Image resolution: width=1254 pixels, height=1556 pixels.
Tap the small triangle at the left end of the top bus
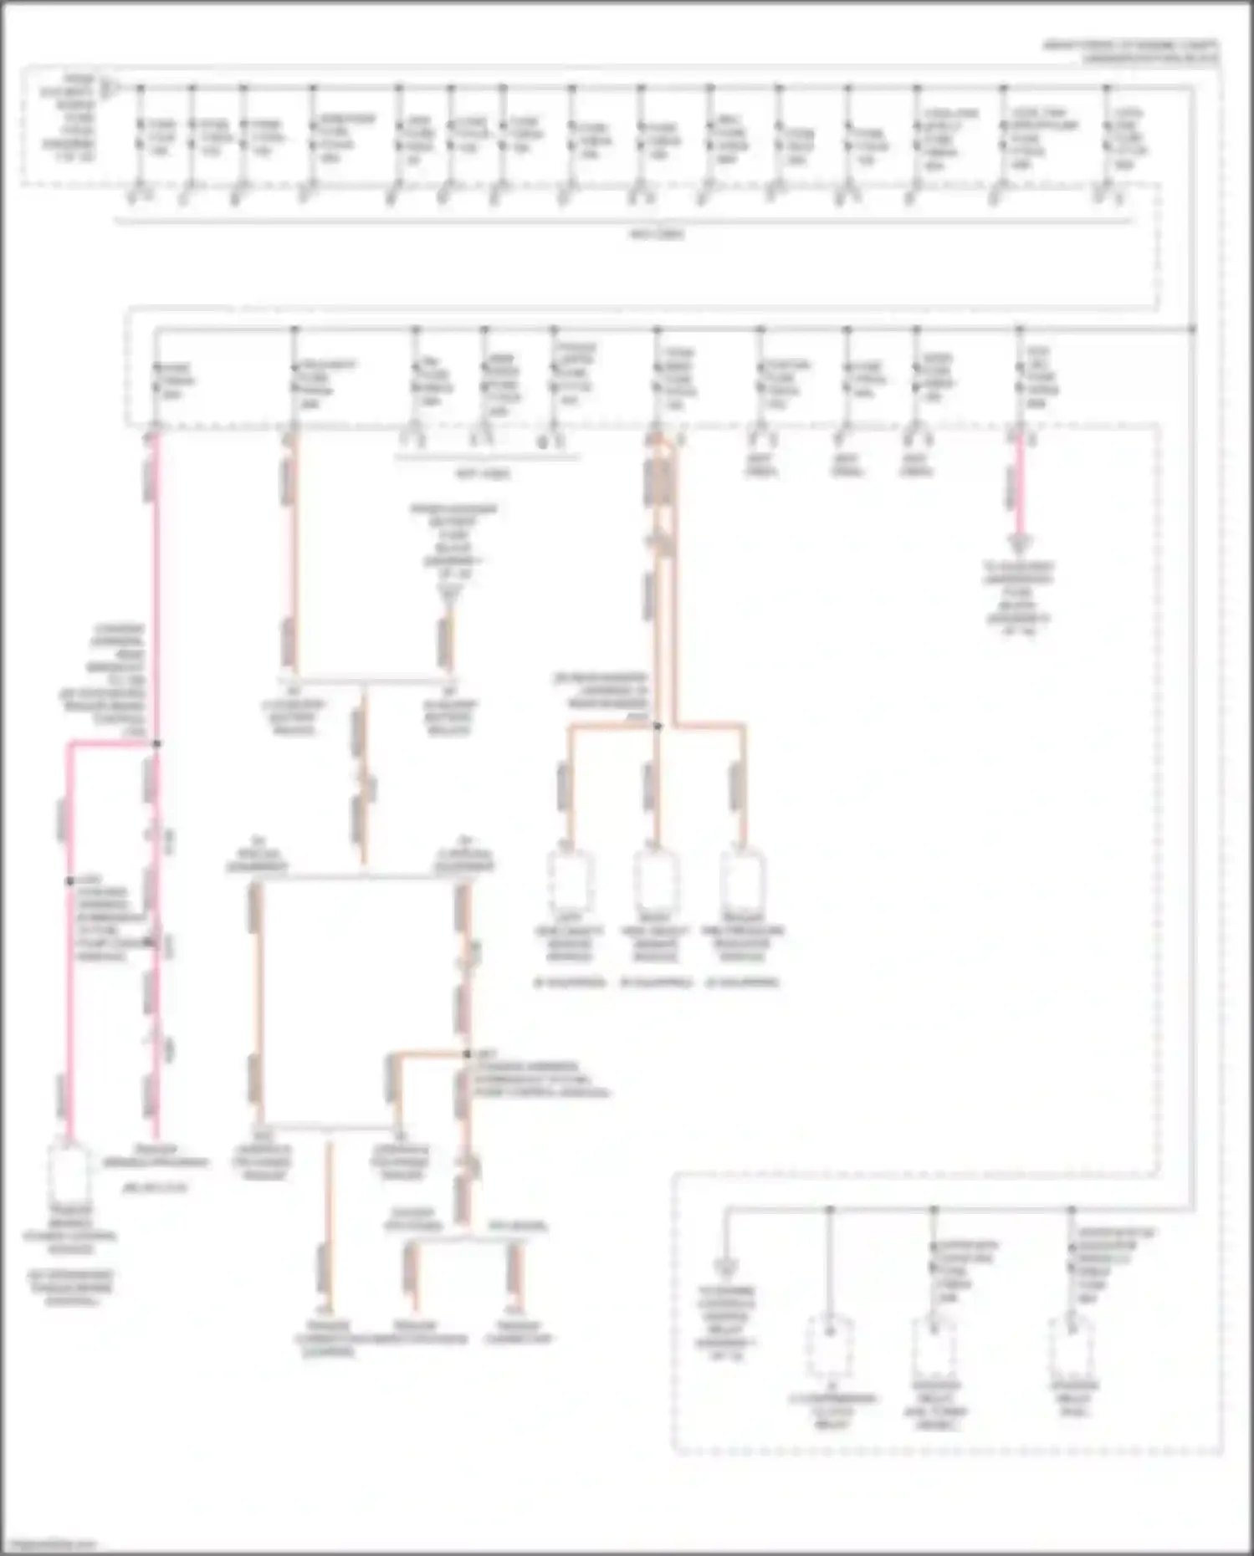click(108, 87)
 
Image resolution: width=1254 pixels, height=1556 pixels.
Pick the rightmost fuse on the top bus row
click(1108, 135)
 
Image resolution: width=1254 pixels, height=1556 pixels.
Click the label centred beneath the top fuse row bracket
click(657, 235)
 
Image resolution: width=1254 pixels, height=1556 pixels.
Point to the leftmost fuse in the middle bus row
click(156, 380)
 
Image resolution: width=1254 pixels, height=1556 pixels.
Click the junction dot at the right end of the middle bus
click(1192, 329)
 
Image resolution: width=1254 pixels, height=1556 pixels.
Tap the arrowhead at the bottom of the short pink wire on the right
click(1020, 544)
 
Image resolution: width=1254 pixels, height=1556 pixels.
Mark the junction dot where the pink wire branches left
click(156, 742)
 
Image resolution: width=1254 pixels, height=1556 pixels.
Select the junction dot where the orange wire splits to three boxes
click(658, 726)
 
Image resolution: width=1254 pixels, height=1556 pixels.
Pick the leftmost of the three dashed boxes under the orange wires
click(571, 883)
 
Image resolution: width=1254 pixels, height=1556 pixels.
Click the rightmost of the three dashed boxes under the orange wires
click(743, 883)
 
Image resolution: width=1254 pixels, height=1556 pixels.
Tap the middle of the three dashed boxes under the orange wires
click(657, 883)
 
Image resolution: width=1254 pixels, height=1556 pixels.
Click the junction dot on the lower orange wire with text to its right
click(467, 1054)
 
